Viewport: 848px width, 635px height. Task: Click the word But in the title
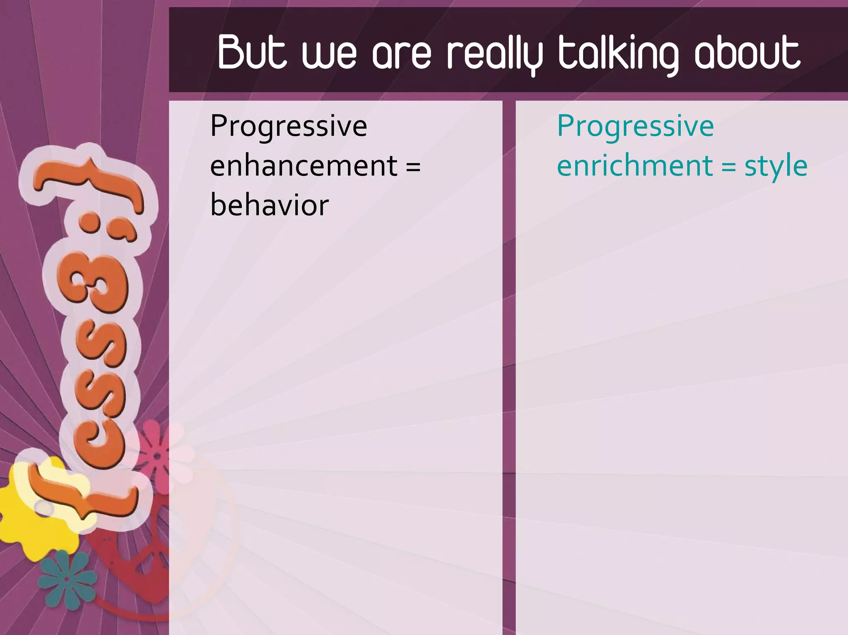252,53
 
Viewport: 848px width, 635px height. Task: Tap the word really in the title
495,54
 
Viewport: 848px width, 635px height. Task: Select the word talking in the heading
619,54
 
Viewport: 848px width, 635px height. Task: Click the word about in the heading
748,53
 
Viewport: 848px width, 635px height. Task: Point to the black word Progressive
289,126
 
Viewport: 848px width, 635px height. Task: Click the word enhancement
304,166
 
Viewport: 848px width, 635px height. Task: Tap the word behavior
270,205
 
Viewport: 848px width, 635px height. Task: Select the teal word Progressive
635,126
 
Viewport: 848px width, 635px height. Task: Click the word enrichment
635,166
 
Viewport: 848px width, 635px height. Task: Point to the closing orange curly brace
89,182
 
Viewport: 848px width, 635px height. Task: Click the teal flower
66,580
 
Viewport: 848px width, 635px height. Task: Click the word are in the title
401,54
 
